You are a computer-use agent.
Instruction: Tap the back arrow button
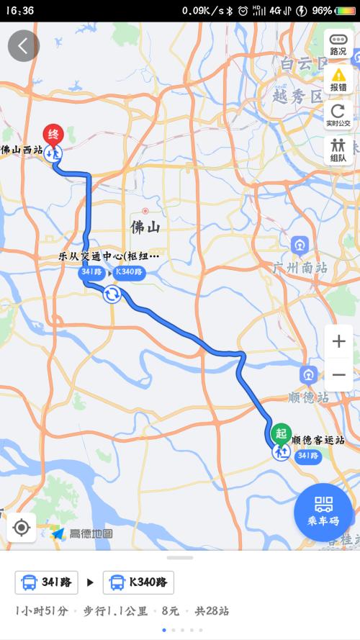pyautogui.click(x=23, y=46)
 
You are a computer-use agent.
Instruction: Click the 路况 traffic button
pyautogui.click(x=338, y=44)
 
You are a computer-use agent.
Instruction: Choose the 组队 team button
pyautogui.click(x=338, y=150)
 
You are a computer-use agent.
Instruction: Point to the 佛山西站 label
pyautogui.click(x=22, y=150)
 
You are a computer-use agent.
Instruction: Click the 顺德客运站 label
pyautogui.click(x=318, y=439)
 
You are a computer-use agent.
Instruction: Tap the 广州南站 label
pyautogui.click(x=300, y=267)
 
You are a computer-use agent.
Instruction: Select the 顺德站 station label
pyautogui.click(x=308, y=397)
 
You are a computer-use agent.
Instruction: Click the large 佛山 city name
pyautogui.click(x=145, y=227)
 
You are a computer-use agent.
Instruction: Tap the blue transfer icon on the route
pyautogui.click(x=112, y=294)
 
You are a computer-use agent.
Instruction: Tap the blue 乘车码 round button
pyautogui.click(x=323, y=511)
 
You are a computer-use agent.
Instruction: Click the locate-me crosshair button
pyautogui.click(x=22, y=528)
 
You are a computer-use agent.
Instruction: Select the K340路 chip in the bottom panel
pyautogui.click(x=138, y=582)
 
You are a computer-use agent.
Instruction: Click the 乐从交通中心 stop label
pyautogui.click(x=108, y=256)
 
